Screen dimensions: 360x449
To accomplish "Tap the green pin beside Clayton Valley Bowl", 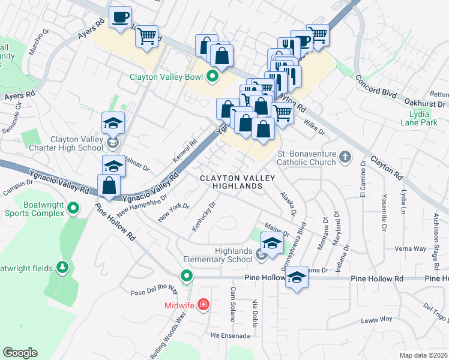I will pos(212,76).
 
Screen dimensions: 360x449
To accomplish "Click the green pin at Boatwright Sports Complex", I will pos(73,208).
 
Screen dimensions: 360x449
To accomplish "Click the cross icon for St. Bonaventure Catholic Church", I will pos(345,157).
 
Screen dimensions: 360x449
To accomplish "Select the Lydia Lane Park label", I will pos(415,118).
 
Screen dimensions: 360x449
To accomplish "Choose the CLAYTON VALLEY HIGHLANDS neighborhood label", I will pos(237,182).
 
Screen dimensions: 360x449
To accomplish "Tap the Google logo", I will pos(20,352).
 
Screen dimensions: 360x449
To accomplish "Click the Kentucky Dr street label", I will pos(203,216).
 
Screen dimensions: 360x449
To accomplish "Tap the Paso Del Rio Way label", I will pos(155,292).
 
